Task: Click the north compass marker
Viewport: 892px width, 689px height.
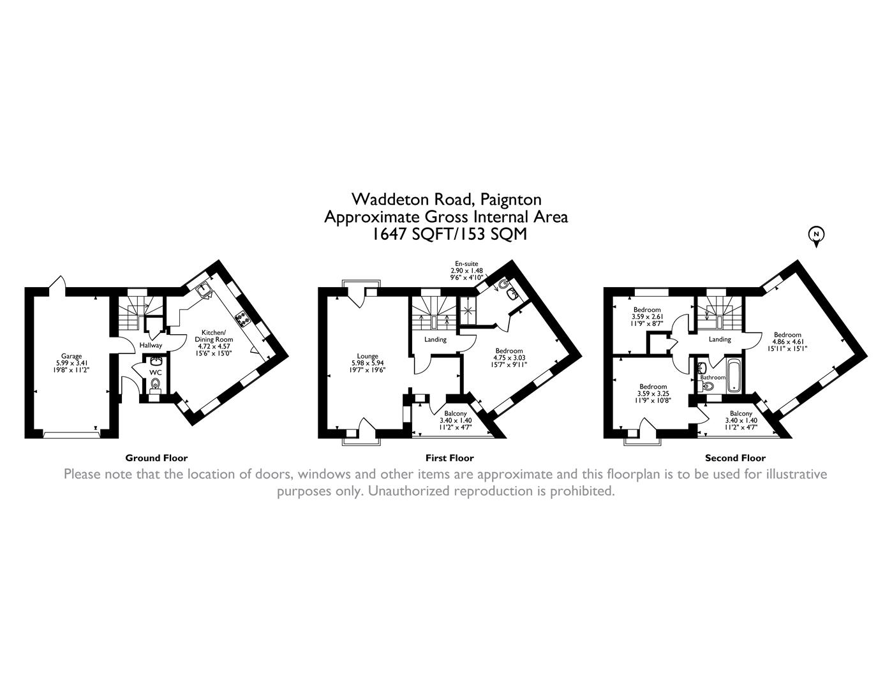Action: (x=815, y=235)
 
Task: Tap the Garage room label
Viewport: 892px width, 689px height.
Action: (x=71, y=356)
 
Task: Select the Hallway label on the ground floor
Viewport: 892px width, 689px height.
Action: (x=151, y=345)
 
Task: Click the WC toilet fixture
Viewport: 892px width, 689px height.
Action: (x=155, y=384)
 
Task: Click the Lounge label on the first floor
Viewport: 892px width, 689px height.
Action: (x=368, y=356)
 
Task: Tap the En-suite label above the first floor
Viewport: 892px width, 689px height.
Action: (x=466, y=263)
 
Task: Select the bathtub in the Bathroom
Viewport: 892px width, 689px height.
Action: (x=732, y=376)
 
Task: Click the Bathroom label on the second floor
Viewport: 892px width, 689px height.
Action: (x=713, y=378)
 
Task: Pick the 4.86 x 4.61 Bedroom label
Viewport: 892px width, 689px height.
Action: (x=787, y=335)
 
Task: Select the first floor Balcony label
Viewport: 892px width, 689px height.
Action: (x=456, y=414)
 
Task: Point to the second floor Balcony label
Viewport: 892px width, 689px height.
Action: (x=741, y=414)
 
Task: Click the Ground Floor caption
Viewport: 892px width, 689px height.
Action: (x=156, y=457)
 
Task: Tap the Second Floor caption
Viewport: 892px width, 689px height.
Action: (x=735, y=457)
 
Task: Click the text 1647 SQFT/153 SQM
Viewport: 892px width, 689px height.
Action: (x=450, y=234)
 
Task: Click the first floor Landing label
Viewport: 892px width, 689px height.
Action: (x=436, y=339)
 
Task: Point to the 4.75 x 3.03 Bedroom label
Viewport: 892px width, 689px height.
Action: (x=509, y=351)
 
